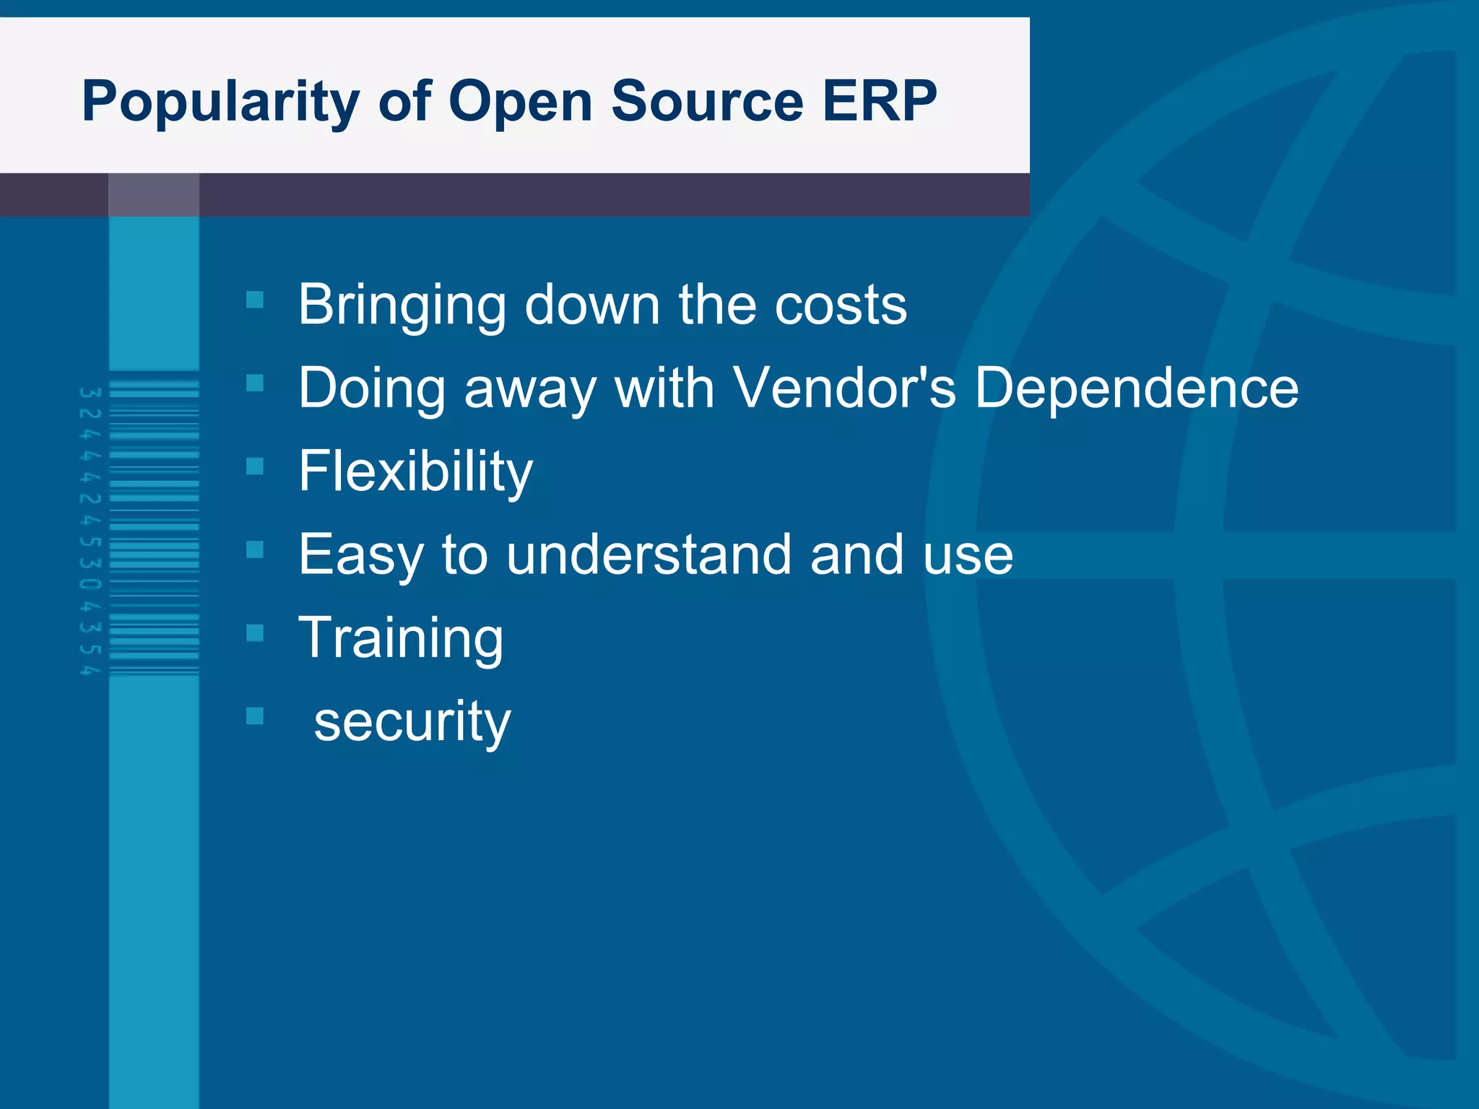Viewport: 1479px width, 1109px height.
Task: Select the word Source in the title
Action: coord(707,101)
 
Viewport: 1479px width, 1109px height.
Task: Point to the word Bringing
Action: coord(402,306)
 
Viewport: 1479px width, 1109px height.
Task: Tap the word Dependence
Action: coord(1136,388)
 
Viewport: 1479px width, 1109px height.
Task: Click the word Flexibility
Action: coord(415,471)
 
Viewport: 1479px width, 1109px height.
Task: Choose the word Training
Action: coord(401,638)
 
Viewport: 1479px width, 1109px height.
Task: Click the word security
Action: coord(412,721)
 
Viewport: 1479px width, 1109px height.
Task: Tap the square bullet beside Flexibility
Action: coord(255,466)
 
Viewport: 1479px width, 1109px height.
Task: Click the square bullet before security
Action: coord(255,716)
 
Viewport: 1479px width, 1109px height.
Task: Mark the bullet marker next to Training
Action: coord(255,632)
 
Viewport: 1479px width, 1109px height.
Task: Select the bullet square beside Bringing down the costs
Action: coord(255,299)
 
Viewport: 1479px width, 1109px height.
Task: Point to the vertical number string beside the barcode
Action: coord(90,531)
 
